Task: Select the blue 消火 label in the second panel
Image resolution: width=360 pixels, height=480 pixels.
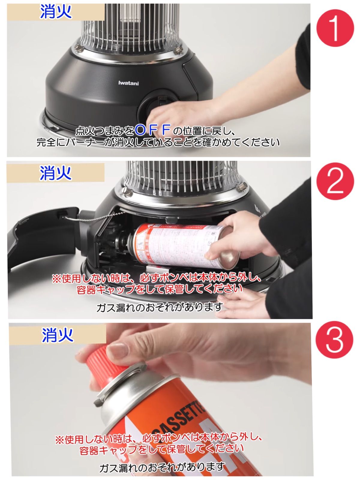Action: pyautogui.click(x=55, y=173)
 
